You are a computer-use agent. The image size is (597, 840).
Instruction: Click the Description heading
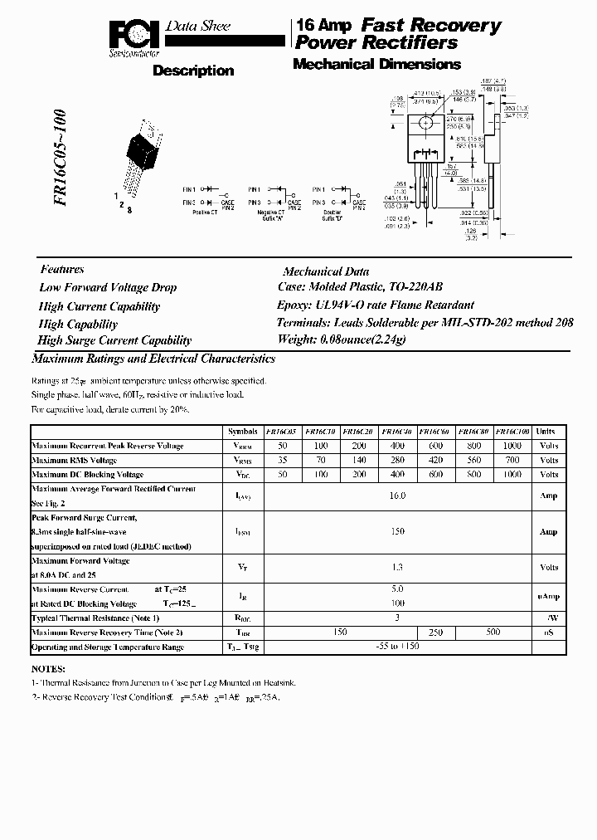[x=193, y=71]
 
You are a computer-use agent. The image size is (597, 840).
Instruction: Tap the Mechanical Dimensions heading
[x=376, y=64]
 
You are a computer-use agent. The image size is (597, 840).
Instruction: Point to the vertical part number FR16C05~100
[x=61, y=167]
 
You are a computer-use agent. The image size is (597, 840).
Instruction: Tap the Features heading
[x=62, y=269]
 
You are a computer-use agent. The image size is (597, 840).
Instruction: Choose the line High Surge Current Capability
[x=114, y=340]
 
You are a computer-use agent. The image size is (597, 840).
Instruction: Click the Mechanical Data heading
[x=326, y=271]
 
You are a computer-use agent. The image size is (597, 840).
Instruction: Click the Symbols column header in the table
[x=242, y=432]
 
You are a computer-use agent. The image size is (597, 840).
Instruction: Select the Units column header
[x=546, y=432]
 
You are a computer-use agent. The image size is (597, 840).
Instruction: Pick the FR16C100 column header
[x=512, y=432]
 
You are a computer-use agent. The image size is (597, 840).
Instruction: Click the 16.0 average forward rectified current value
[x=397, y=496]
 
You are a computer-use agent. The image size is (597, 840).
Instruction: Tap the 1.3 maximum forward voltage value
[x=397, y=568]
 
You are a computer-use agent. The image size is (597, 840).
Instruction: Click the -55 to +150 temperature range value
[x=397, y=647]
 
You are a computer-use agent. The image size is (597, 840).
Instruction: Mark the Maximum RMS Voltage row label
[x=74, y=460]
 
